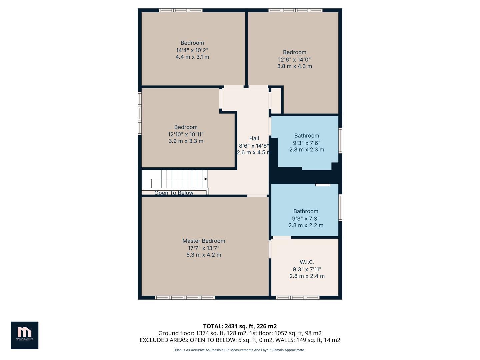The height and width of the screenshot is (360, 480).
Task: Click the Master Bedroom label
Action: pos(204,241)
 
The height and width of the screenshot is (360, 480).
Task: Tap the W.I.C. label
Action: pos(307,262)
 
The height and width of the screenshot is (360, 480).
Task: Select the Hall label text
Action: pos(254,138)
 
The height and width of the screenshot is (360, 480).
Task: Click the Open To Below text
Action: pos(174,193)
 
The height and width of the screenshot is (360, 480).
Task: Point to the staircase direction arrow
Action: pos(206,179)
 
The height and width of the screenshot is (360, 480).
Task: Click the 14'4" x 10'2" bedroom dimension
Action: pos(192,50)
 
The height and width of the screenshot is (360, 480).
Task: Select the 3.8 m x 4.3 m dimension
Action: pos(295,66)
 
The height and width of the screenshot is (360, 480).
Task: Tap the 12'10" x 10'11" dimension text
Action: pos(186,134)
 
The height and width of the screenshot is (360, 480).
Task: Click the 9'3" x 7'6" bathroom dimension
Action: pos(307,143)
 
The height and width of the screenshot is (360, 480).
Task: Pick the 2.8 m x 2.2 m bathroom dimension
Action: pos(306,225)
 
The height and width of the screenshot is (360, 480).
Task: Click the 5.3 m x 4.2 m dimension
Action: pos(204,255)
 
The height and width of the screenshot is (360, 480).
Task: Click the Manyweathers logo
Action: pos(24,335)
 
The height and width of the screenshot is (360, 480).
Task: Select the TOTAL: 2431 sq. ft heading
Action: pos(240,326)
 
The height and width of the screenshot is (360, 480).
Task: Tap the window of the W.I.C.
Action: pos(298,298)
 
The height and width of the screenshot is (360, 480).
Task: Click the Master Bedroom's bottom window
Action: pos(185,298)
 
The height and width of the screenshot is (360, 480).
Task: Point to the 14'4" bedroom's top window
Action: pos(181,10)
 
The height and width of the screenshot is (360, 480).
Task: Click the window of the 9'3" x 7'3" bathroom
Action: pos(340,208)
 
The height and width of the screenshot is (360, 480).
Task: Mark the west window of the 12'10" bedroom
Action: pos(140,113)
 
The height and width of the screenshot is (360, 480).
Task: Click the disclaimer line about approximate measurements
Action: pos(240,350)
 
